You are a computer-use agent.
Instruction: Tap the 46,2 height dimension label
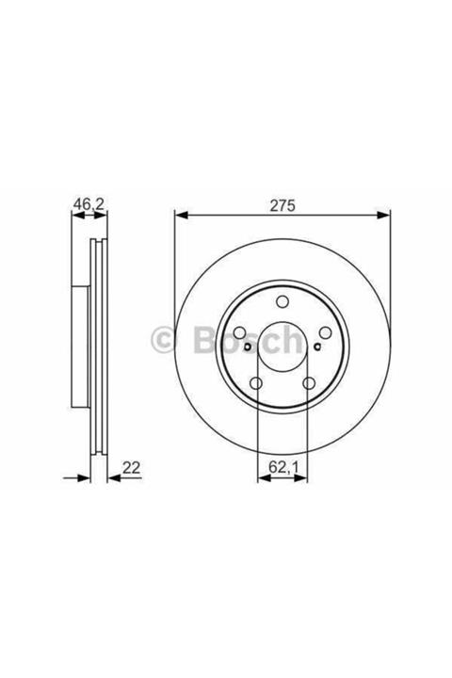coord(89,202)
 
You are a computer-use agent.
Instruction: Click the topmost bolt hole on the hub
coord(282,302)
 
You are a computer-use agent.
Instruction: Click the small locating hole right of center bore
coord(317,347)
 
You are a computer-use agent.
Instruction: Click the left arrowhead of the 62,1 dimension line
coord(262,479)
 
